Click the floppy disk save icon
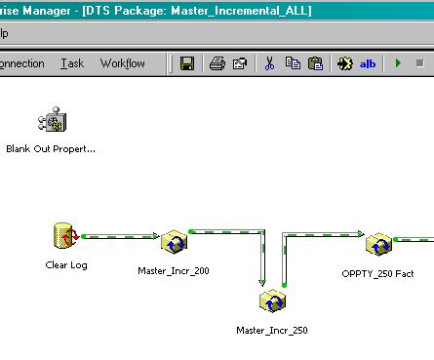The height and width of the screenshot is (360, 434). tap(187, 63)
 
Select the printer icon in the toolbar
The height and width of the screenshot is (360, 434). tap(217, 63)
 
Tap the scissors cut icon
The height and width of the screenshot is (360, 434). tap(269, 63)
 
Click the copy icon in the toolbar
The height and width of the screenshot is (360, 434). tap(293, 63)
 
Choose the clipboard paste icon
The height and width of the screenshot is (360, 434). tap(315, 63)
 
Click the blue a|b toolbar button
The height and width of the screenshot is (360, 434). tap(368, 63)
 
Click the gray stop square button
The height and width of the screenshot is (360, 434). tap(419, 63)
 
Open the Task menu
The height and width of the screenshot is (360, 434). tap(72, 63)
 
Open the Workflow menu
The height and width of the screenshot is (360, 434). tap(123, 63)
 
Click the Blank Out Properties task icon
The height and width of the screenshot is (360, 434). tap(53, 119)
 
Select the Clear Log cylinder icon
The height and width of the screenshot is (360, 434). tap(66, 236)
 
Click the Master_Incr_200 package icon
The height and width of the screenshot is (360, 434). tap(174, 242)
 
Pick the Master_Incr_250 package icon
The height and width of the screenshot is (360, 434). tap(272, 300)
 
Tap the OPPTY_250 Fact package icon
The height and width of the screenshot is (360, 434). tap(378, 244)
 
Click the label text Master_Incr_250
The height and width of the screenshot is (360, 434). tap(272, 331)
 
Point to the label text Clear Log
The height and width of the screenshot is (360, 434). tap(66, 265)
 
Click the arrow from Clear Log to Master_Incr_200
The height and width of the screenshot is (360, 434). tap(120, 236)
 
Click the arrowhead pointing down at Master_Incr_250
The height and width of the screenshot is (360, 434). tap(262, 282)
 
